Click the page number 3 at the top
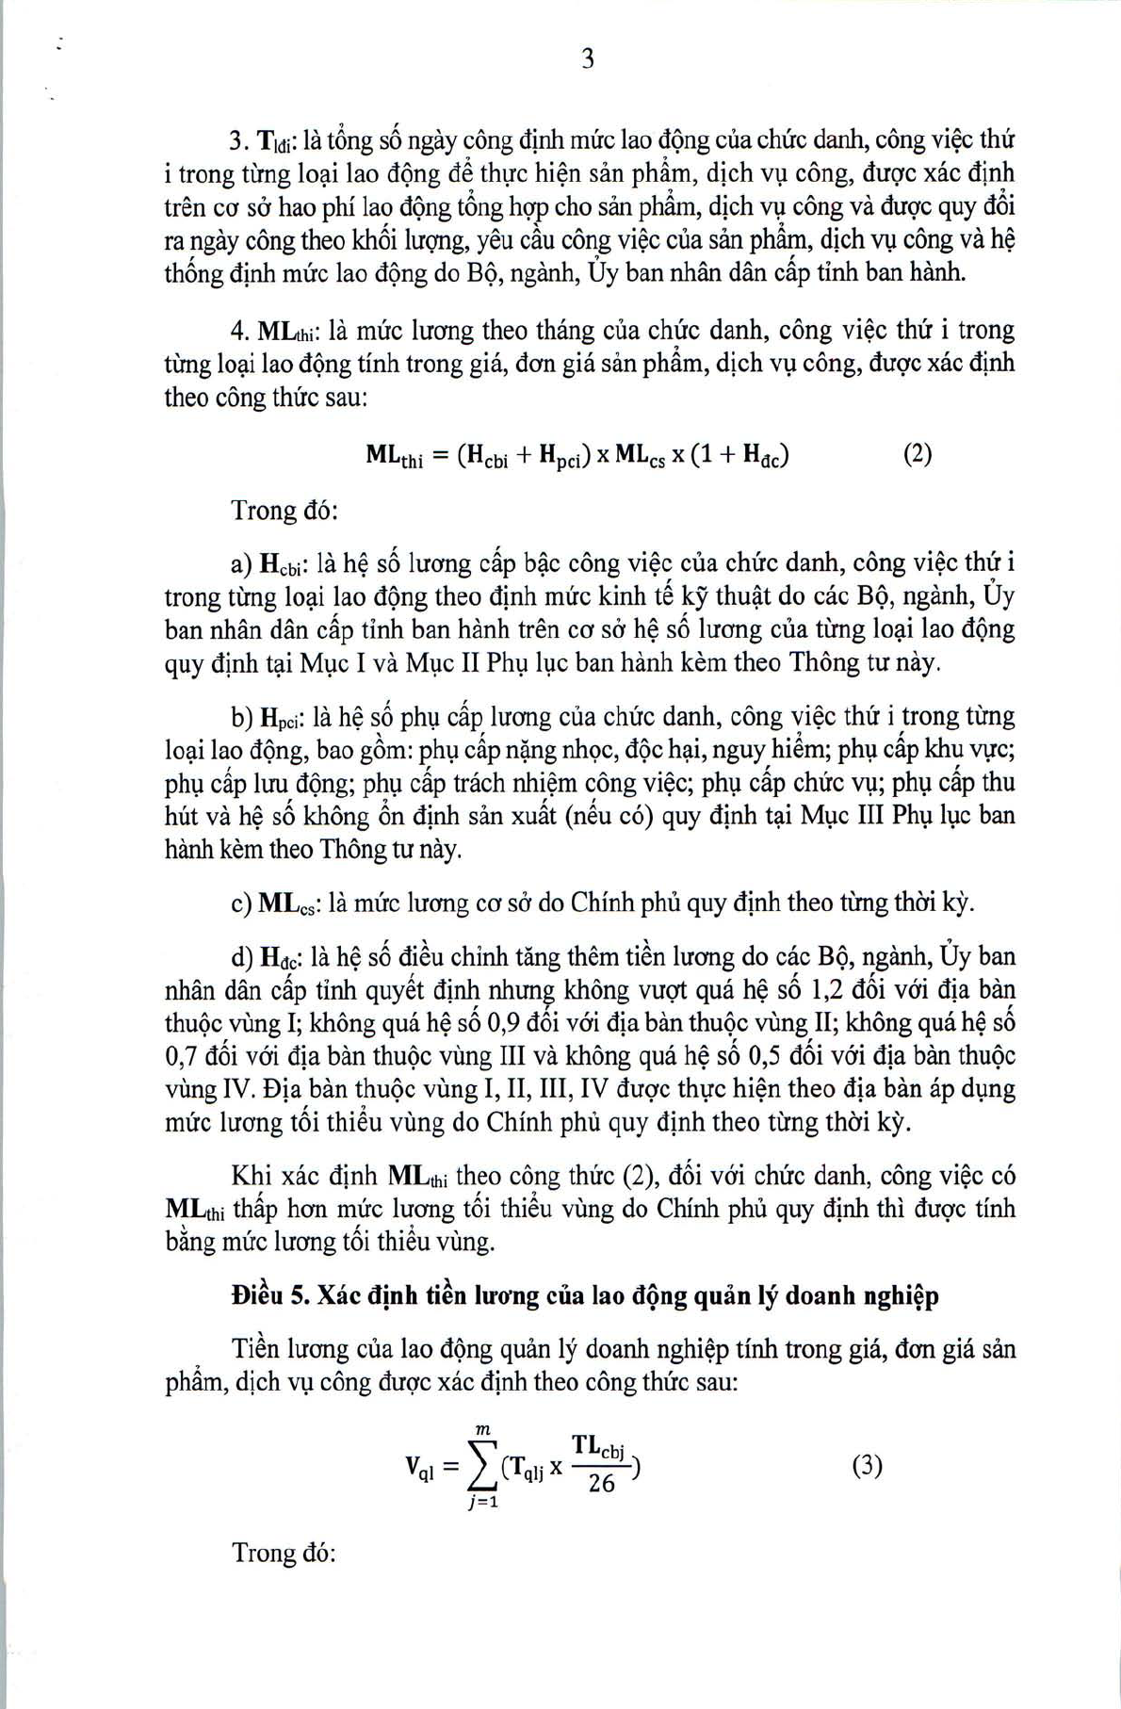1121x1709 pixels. pos(588,59)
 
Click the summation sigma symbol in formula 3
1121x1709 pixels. pos(486,1466)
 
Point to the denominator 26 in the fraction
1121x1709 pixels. pos(601,1484)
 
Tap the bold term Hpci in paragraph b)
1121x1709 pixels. pos(280,719)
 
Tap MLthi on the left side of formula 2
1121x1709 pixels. pos(395,457)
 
